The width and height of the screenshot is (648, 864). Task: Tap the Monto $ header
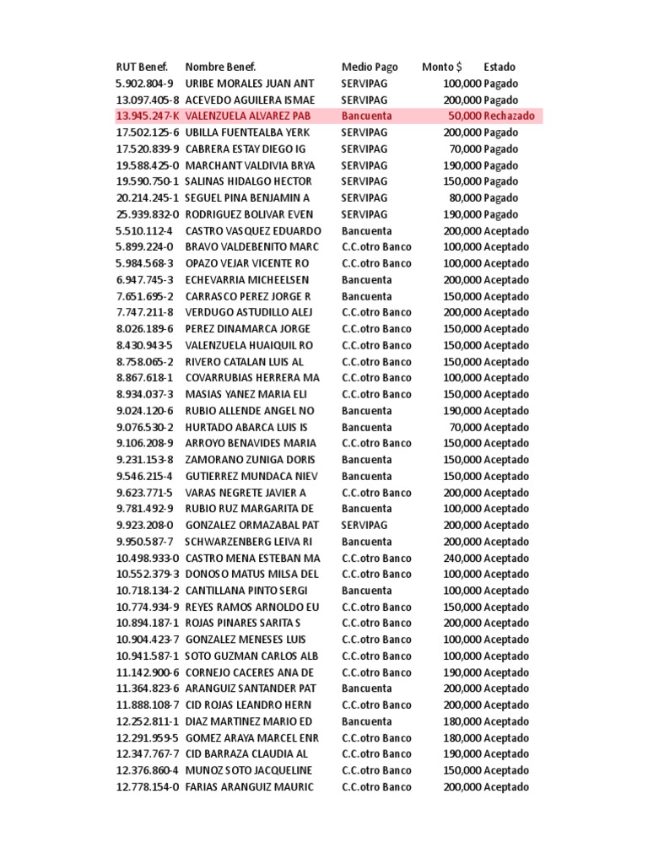(x=442, y=67)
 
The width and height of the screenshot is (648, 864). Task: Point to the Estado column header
(x=499, y=67)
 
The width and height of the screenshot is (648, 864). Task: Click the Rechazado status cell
(x=509, y=116)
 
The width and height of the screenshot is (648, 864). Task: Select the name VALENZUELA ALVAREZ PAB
(x=249, y=116)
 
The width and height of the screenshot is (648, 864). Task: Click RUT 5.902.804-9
(x=144, y=84)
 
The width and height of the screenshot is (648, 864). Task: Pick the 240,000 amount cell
(x=462, y=559)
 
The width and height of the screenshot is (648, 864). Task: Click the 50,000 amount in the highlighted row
(x=465, y=116)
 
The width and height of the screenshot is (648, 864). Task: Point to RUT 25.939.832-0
(x=147, y=214)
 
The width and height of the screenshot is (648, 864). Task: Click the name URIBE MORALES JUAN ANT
(x=250, y=84)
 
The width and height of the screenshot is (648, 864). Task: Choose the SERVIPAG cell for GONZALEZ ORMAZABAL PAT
(x=364, y=526)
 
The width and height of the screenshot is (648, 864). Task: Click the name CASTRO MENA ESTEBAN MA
(x=252, y=559)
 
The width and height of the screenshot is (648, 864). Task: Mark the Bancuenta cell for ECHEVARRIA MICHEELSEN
(x=366, y=280)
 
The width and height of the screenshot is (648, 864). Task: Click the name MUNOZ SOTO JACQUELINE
(x=249, y=771)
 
